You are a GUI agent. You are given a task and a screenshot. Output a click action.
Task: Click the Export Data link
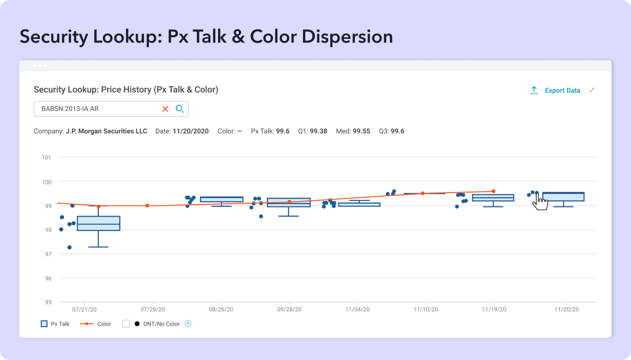coord(562,90)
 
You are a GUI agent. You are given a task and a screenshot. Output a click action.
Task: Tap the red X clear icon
coord(165,109)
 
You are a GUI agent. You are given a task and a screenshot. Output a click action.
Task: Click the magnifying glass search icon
coord(180,109)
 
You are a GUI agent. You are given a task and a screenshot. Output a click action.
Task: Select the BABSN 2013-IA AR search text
coord(70,109)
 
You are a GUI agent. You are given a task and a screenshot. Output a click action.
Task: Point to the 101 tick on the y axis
coord(46,157)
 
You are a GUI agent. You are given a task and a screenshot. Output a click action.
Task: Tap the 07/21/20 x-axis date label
coord(84,309)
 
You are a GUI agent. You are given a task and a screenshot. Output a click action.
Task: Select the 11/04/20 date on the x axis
coord(358,309)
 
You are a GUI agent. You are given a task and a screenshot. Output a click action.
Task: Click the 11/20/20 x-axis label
coord(567,309)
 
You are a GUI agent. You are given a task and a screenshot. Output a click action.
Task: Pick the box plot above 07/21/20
coord(98,223)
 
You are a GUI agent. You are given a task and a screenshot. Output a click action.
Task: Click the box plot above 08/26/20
coord(221,199)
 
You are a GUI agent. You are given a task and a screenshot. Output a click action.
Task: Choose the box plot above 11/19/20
coord(493,198)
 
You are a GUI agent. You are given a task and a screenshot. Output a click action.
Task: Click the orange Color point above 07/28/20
coord(147,206)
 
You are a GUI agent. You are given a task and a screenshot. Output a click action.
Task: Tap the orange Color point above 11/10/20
coord(422,193)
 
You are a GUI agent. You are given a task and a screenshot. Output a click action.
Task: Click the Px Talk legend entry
coord(55,324)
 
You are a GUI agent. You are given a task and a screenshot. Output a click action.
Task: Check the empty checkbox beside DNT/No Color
coord(126,324)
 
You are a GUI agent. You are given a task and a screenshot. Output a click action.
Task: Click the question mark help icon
coord(188,324)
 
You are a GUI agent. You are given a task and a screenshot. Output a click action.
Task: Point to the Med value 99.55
coord(361,131)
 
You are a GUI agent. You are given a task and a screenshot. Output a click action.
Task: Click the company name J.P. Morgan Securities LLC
coord(106,131)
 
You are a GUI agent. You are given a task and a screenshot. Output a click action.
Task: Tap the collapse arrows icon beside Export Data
coord(592,90)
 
